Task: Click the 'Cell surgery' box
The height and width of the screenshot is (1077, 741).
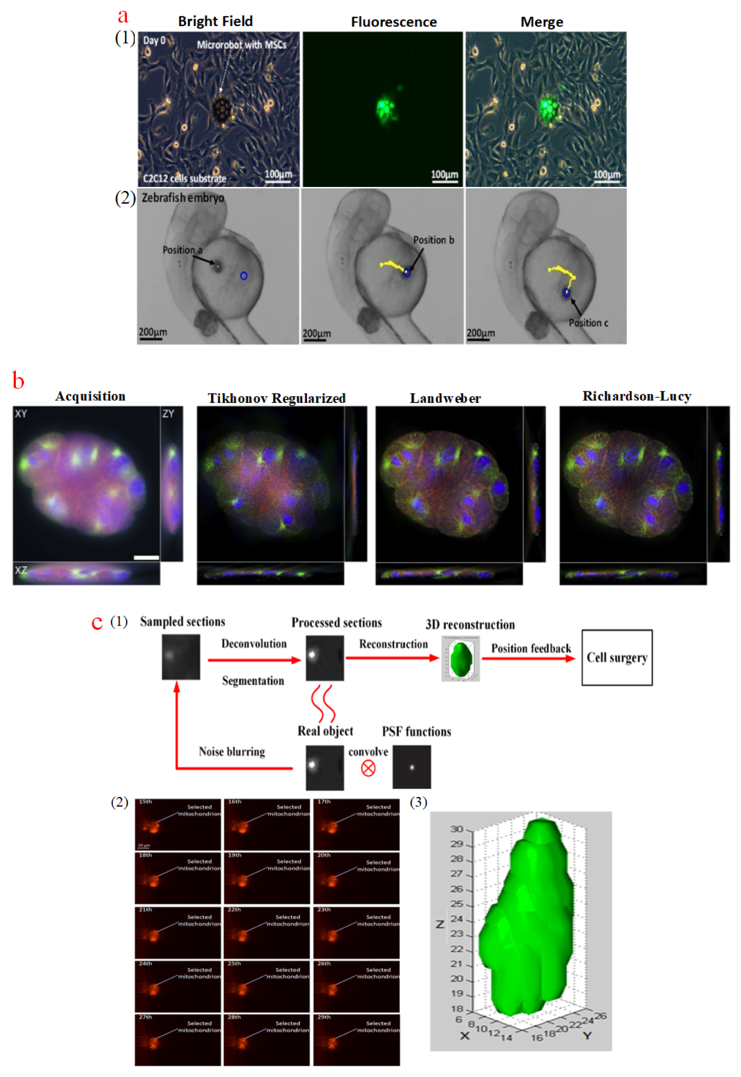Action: pyautogui.click(x=616, y=657)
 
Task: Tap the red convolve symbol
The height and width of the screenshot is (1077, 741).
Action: pyautogui.click(x=368, y=768)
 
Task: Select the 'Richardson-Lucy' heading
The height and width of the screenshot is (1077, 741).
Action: pyautogui.click(x=636, y=396)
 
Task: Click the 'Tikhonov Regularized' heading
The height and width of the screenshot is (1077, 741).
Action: pyautogui.click(x=276, y=398)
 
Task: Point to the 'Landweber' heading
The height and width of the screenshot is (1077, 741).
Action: pyautogui.click(x=445, y=398)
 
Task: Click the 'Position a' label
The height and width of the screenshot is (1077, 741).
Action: pyautogui.click(x=182, y=250)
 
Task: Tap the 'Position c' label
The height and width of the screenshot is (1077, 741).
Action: pyautogui.click(x=588, y=323)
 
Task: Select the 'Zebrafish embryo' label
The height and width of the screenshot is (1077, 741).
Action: pyautogui.click(x=183, y=198)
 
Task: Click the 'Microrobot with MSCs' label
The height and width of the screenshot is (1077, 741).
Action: pyautogui.click(x=241, y=45)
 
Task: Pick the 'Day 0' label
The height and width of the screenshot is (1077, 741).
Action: pyautogui.click(x=154, y=40)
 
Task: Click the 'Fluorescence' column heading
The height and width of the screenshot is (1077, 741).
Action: pyautogui.click(x=394, y=22)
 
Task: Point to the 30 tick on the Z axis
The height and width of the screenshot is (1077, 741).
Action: pyautogui.click(x=456, y=829)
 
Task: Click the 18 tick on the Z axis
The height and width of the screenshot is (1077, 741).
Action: pyautogui.click(x=457, y=1008)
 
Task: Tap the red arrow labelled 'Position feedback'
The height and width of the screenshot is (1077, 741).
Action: pyautogui.click(x=528, y=659)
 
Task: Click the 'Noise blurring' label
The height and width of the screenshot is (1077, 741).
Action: pyautogui.click(x=232, y=751)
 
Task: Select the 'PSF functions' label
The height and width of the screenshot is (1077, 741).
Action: pyautogui.click(x=416, y=731)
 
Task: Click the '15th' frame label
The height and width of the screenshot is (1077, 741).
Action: pyautogui.click(x=145, y=801)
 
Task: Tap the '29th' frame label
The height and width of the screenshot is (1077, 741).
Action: pyautogui.click(x=324, y=1017)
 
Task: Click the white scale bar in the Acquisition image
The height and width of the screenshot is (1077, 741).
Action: pyautogui.click(x=146, y=557)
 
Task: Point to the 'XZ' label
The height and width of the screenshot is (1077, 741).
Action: pyautogui.click(x=21, y=570)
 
